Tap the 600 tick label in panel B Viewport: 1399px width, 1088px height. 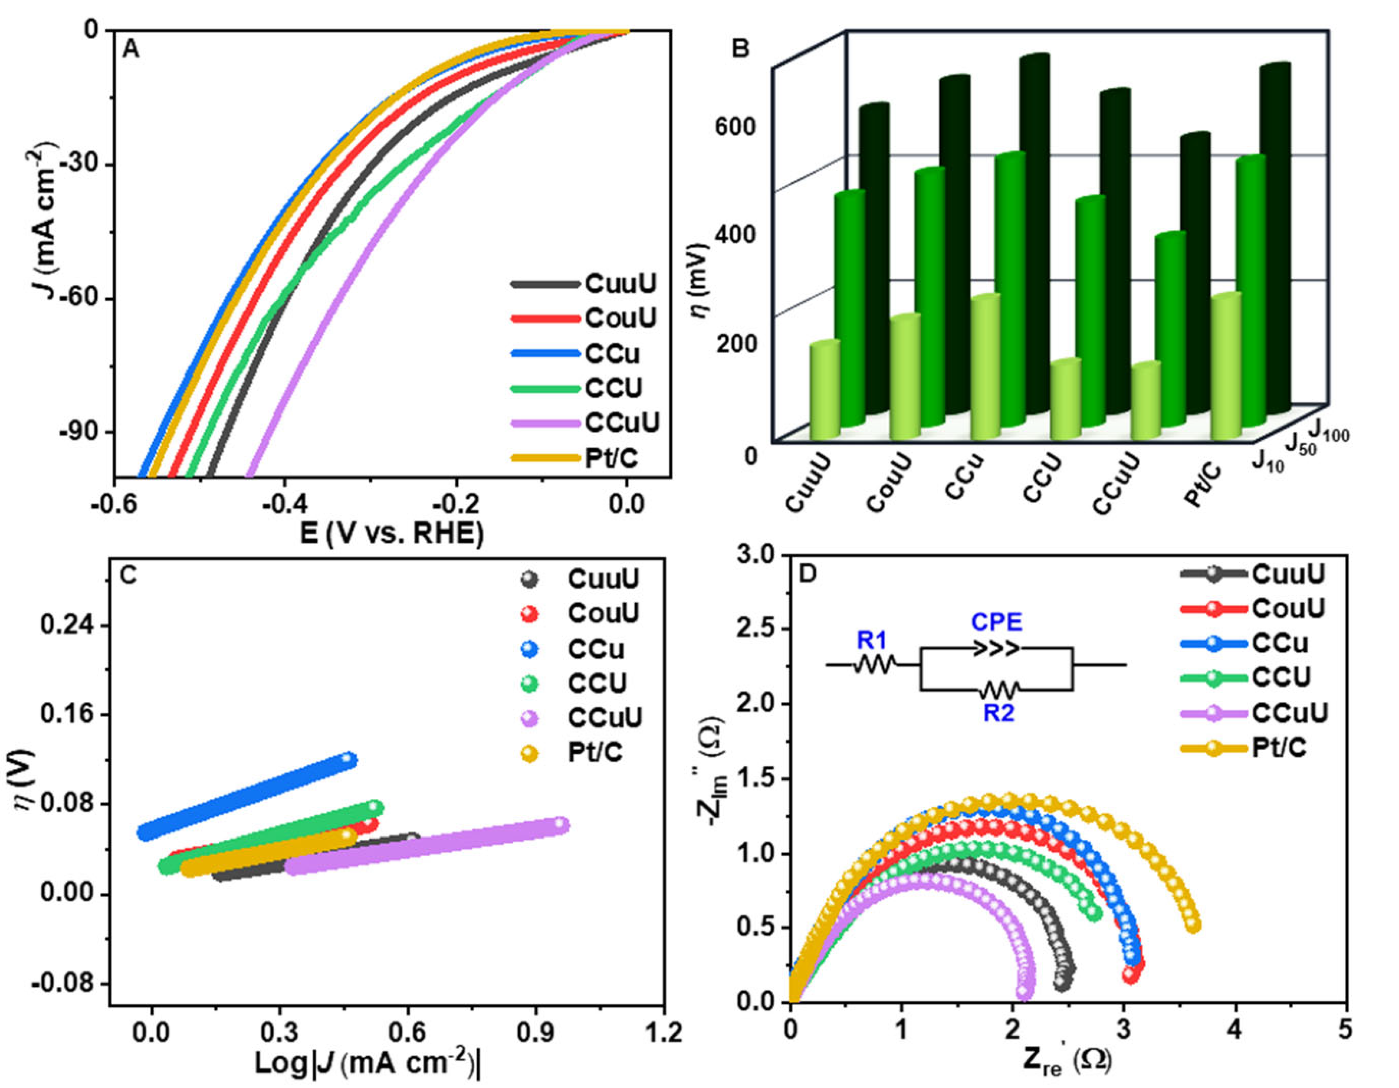[x=735, y=126]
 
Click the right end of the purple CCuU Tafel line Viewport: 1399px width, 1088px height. [x=560, y=825]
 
